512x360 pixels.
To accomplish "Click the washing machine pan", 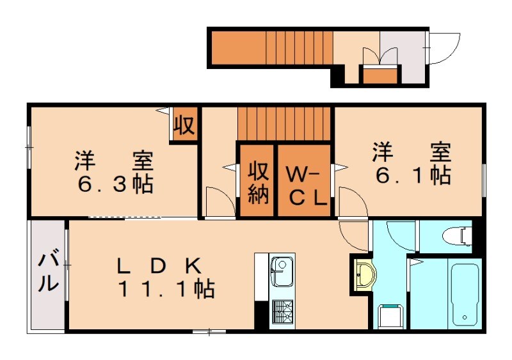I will coord(390,317).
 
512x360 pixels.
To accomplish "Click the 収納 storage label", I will coord(257,183).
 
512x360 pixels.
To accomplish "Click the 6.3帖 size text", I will coord(115,184).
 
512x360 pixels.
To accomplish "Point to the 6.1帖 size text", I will coord(413,175).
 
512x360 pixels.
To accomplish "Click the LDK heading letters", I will coord(159,265).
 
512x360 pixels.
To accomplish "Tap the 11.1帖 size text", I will coord(165,289).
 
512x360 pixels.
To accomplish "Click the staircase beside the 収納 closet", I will coord(285,124).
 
